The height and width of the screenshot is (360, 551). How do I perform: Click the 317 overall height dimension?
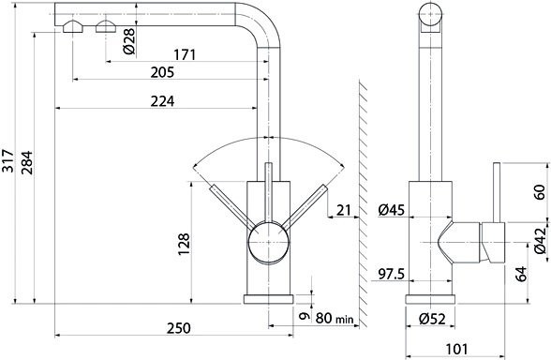pyautogui.click(x=7, y=160)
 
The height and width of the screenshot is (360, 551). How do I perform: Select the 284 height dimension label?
pyautogui.click(x=26, y=163)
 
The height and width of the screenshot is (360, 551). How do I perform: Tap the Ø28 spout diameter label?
pyautogui.click(x=129, y=41)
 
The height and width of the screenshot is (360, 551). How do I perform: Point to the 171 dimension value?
pyautogui.click(x=185, y=54)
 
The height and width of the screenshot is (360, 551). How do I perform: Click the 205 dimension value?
pyautogui.click(x=162, y=72)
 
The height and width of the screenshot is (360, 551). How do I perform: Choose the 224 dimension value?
pyautogui.click(x=162, y=101)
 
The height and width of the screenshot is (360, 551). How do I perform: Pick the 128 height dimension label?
pyautogui.click(x=184, y=244)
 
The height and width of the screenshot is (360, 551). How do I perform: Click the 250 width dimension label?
pyautogui.click(x=178, y=328)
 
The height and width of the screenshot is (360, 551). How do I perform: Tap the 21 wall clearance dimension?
pyautogui.click(x=344, y=210)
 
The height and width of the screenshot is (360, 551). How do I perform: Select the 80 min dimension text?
pyautogui.click(x=335, y=318)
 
